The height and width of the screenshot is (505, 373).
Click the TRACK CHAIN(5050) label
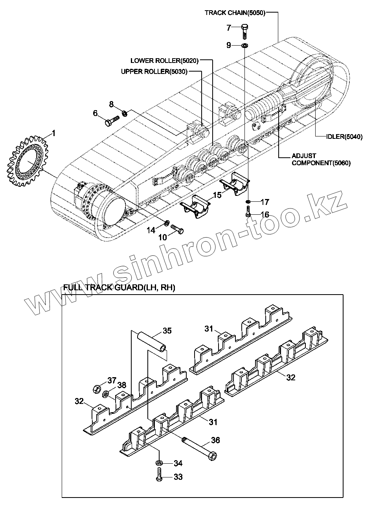point(235,13)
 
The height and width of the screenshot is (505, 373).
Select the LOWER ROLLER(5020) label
point(165,61)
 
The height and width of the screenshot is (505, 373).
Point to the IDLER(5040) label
point(344,137)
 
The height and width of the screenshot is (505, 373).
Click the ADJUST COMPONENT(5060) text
point(321,159)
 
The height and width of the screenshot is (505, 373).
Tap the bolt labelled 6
point(112,120)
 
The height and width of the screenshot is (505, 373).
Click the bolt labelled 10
point(177,229)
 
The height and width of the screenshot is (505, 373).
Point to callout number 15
point(217,195)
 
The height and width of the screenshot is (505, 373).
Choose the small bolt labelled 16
point(248,212)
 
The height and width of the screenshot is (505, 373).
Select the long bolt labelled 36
point(200,446)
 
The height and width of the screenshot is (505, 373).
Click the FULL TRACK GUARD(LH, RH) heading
point(114,288)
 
